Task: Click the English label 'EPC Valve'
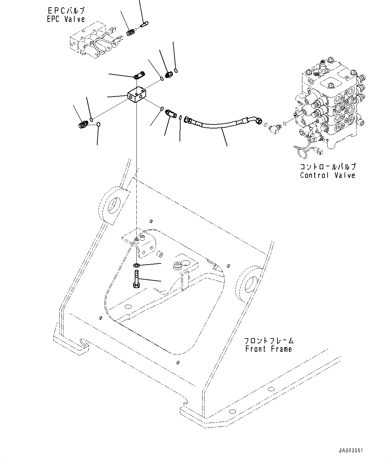(x=66, y=19)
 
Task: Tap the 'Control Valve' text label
(x=327, y=175)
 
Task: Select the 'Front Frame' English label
(x=269, y=349)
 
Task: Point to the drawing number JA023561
(x=351, y=451)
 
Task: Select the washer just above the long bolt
(x=136, y=265)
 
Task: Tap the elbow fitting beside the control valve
(x=274, y=126)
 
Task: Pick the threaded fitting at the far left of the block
(x=83, y=125)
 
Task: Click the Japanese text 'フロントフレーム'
(x=269, y=341)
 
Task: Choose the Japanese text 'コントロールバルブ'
(x=327, y=167)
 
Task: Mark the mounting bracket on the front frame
(x=143, y=242)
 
